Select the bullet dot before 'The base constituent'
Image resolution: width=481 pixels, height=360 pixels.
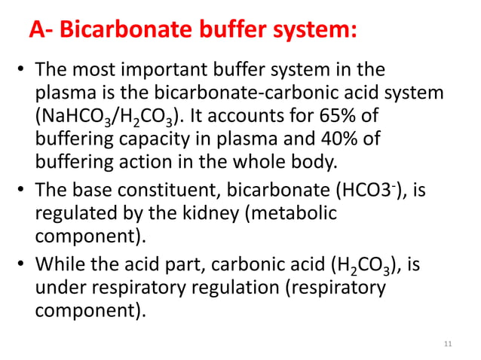21,192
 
